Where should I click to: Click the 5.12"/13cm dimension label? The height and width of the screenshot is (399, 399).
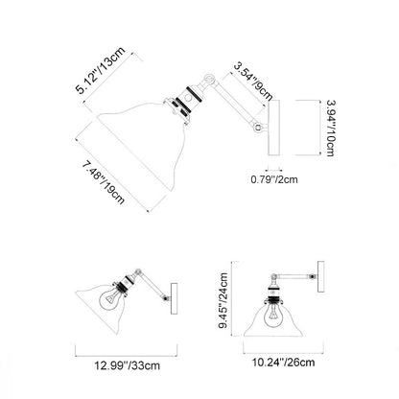pos(100,70)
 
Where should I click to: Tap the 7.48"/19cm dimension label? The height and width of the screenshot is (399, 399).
pos(103,183)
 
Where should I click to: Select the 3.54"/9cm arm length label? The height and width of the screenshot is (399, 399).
pos(253,81)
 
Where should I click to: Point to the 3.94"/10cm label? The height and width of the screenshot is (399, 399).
pos(331,128)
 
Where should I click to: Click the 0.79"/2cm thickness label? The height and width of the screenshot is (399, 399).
pos(274,179)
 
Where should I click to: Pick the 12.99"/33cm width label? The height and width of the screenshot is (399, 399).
pos(127,365)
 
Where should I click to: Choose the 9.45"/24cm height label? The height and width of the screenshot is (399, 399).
pos(223,300)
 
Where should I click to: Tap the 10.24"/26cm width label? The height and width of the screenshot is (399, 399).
pos(284,363)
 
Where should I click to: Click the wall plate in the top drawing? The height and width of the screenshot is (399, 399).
pos(274,128)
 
